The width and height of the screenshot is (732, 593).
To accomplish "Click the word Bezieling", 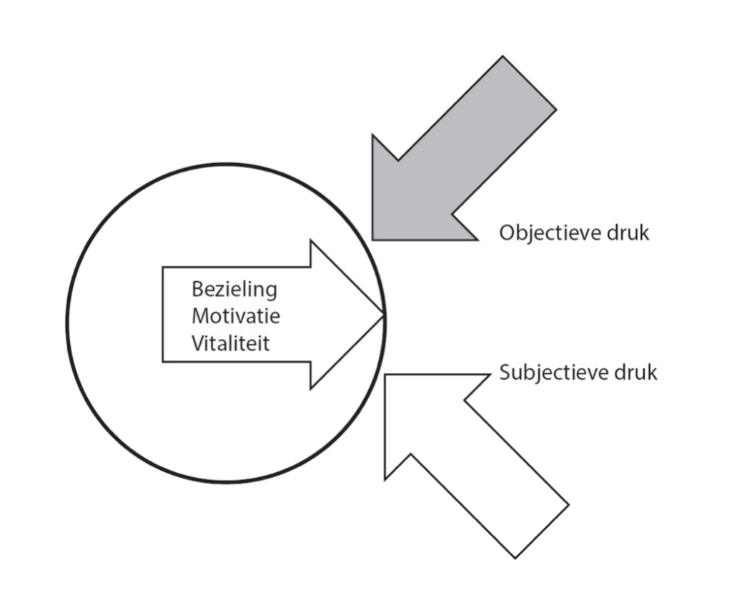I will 234,291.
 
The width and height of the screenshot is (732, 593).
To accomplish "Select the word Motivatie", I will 236,316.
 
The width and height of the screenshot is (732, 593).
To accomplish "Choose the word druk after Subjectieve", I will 638,373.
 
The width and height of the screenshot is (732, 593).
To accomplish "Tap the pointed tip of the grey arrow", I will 373,238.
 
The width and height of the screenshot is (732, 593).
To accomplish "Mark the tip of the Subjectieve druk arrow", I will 386,374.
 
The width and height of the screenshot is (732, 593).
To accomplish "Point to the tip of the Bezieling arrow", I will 385,315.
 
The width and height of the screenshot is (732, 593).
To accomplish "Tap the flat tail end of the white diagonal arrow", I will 541,531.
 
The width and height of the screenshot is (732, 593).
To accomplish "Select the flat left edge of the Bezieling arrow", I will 163,315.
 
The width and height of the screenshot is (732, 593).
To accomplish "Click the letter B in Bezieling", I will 197,291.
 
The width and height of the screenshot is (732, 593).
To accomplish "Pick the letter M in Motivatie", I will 199,316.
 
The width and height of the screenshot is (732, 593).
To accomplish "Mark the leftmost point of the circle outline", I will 68,322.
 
